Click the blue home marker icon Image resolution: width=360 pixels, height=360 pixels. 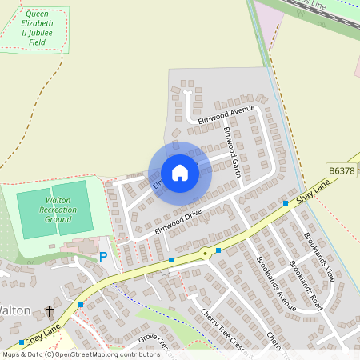(x=180, y=172)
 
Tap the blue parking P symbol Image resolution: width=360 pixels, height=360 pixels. (x=102, y=257)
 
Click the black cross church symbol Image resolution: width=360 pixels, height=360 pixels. (x=50, y=310)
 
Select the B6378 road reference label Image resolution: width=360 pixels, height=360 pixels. (x=342, y=170)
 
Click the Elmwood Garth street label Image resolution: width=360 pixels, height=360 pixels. (x=233, y=151)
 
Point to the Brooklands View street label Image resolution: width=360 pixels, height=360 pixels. (x=318, y=256)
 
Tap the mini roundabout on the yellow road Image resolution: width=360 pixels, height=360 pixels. (x=205, y=254)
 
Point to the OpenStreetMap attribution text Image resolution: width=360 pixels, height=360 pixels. (x=80, y=354)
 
